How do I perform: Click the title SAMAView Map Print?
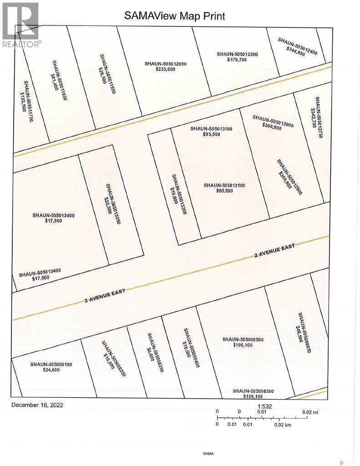click(x=175, y=16)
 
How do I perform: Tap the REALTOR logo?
click(x=21, y=25)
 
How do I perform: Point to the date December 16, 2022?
click(x=38, y=405)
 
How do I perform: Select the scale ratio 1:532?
click(x=265, y=406)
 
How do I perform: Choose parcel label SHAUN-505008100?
click(x=51, y=364)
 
